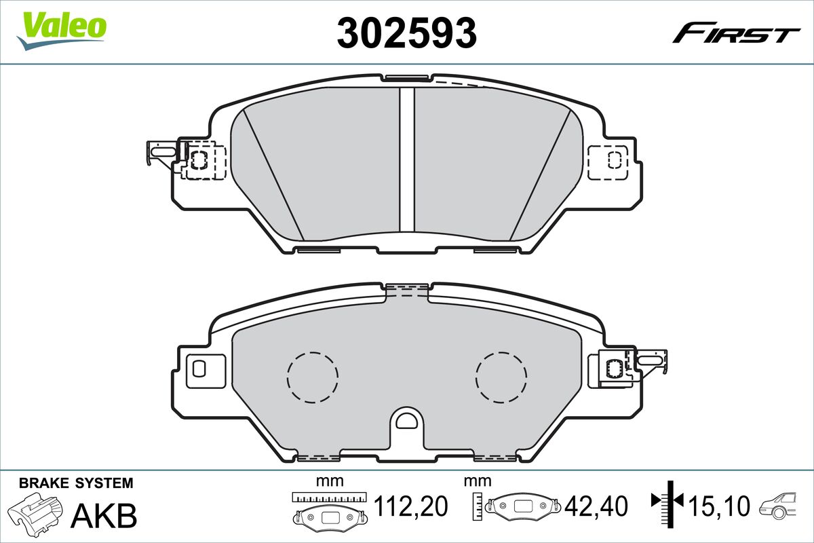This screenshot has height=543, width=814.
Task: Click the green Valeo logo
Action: pyautogui.click(x=62, y=31)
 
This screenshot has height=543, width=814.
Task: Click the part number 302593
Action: pyautogui.click(x=406, y=33)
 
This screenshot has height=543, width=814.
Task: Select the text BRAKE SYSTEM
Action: pyautogui.click(x=76, y=483)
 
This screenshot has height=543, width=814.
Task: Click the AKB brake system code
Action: pyautogui.click(x=104, y=516)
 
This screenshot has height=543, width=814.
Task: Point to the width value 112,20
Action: pyautogui.click(x=410, y=506)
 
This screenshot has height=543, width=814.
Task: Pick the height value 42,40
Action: pyautogui.click(x=596, y=506)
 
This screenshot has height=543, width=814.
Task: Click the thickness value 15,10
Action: pyautogui.click(x=720, y=506)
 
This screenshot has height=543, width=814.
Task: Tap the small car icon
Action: pyautogui.click(x=777, y=506)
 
